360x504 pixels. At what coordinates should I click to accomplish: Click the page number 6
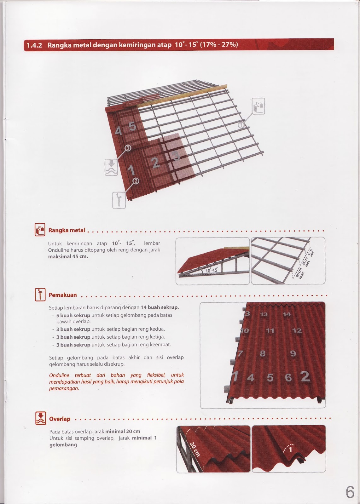(350, 492)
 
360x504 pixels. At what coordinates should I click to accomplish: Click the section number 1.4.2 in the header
(34, 45)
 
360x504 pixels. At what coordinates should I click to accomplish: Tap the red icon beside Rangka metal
(40, 230)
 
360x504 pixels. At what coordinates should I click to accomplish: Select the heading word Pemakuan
(63, 295)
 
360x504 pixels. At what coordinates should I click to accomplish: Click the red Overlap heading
(60, 419)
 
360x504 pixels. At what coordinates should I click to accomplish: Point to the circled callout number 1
(241, 125)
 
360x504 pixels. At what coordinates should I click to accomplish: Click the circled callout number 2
(136, 181)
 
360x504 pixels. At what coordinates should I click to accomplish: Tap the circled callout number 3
(128, 148)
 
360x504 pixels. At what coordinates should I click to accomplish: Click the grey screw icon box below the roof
(119, 200)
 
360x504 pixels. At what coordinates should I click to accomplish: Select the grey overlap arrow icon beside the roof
(111, 167)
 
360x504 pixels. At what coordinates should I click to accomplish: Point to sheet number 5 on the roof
(132, 126)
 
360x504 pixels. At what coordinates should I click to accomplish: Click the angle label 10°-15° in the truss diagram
(212, 270)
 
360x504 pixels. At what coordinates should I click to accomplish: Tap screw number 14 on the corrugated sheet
(287, 314)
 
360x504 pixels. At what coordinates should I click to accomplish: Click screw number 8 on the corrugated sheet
(262, 353)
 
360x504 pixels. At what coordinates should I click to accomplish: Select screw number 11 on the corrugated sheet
(270, 331)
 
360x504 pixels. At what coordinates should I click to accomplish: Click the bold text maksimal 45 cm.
(68, 256)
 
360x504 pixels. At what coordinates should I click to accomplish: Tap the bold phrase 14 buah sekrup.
(160, 307)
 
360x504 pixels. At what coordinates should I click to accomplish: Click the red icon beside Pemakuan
(40, 295)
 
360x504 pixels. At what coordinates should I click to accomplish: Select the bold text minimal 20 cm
(123, 431)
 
